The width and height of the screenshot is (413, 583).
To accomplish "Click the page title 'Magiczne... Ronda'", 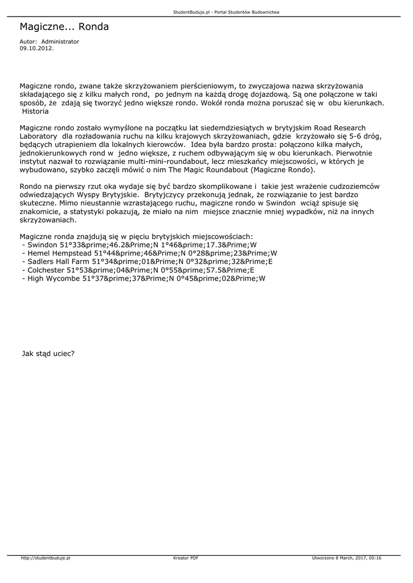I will (x=64, y=27).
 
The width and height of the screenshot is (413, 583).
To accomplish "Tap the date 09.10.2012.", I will (x=36, y=48).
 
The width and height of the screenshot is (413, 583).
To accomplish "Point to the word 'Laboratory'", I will (x=38, y=137).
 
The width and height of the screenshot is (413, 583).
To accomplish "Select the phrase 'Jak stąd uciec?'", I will (x=48, y=353).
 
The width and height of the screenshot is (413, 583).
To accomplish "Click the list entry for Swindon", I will (x=138, y=245).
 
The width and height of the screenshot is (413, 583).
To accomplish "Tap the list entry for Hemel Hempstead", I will (x=149, y=253).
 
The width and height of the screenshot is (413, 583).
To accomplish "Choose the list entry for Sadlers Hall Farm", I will (x=146, y=262).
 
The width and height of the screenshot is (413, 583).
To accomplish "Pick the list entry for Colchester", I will (x=137, y=270).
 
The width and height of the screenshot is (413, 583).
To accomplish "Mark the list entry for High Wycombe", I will (x=143, y=279).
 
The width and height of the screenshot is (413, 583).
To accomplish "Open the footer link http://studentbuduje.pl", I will (x=45, y=558).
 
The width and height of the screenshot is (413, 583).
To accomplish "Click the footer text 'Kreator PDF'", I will (x=186, y=558).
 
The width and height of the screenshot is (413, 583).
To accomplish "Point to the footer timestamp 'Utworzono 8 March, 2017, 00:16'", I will (x=346, y=558).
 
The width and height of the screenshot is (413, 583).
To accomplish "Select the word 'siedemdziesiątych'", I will (x=228, y=128).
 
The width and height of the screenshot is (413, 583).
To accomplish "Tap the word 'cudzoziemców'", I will (x=357, y=186).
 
